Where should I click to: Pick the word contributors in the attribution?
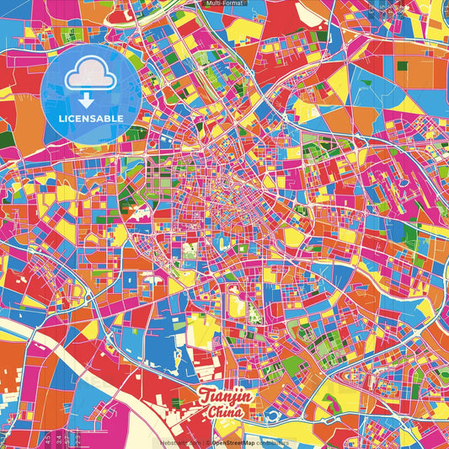tap(271, 442)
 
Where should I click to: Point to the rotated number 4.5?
tap(48, 440)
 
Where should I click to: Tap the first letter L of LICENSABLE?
tap(61, 117)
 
